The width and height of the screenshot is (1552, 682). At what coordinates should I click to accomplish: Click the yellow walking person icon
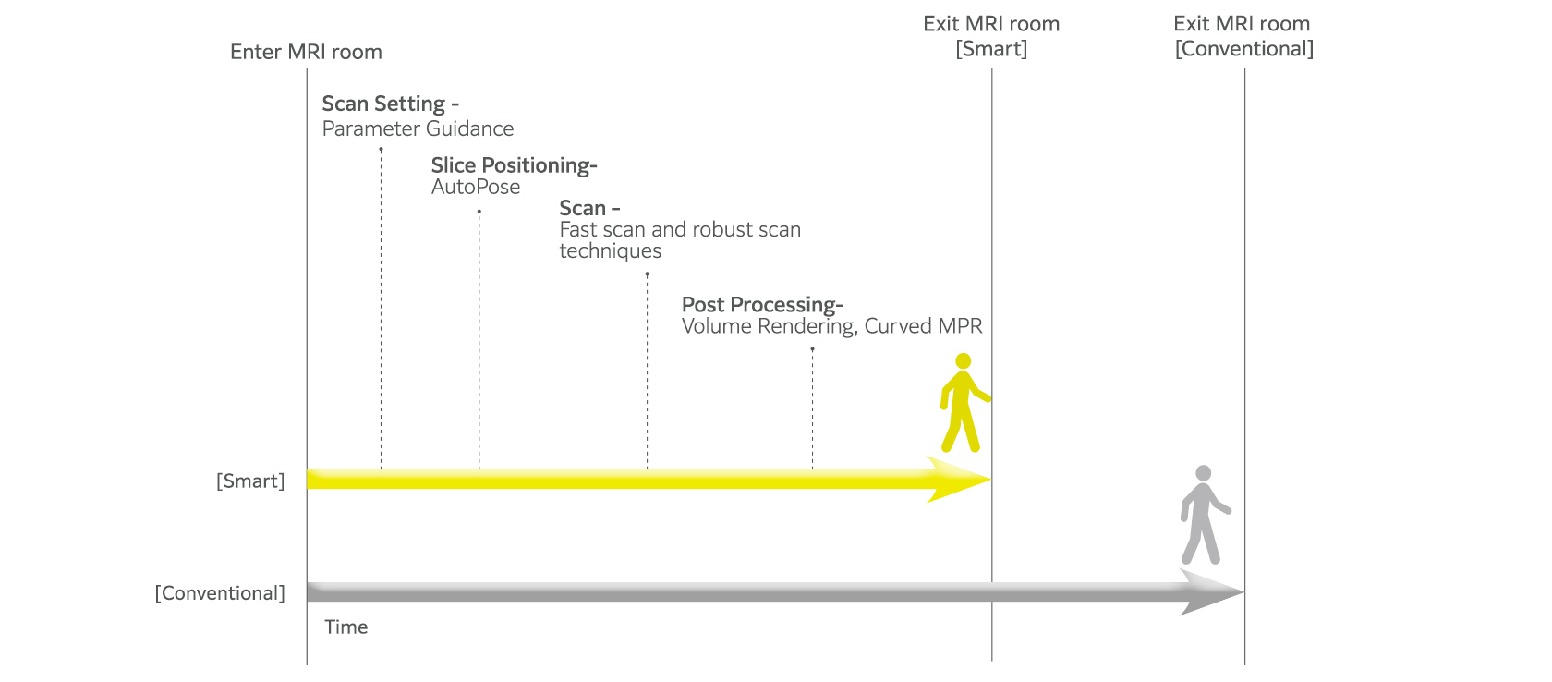click(x=963, y=403)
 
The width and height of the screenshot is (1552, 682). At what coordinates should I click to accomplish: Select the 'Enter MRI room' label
click(x=306, y=52)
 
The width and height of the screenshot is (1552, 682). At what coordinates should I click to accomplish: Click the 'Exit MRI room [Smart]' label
click(x=991, y=36)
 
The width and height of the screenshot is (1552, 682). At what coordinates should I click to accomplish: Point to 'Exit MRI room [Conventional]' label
click(x=1243, y=36)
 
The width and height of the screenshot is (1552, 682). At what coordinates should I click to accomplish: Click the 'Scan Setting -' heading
click(x=390, y=104)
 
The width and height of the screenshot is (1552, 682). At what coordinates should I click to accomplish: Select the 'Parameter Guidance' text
click(x=418, y=128)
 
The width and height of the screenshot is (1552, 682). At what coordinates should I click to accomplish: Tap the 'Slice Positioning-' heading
click(x=514, y=165)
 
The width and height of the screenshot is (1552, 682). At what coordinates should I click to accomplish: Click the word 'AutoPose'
click(x=476, y=187)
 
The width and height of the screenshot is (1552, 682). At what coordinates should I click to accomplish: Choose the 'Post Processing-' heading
click(x=762, y=304)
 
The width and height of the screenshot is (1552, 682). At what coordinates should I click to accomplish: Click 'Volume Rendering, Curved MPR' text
click(x=831, y=326)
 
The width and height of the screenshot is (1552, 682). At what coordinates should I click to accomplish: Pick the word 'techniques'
click(x=610, y=251)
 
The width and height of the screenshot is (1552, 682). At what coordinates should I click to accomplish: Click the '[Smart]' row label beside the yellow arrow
click(x=250, y=481)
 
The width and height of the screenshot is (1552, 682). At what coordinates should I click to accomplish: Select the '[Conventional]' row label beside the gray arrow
click(x=220, y=593)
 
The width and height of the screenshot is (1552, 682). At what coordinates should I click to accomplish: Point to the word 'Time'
click(x=346, y=627)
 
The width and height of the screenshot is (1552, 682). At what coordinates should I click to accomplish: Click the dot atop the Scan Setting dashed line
click(x=381, y=149)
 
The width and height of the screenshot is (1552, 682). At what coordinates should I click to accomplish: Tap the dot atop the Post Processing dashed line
click(x=812, y=348)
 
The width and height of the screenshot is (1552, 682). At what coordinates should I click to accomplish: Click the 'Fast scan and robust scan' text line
click(x=680, y=229)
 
